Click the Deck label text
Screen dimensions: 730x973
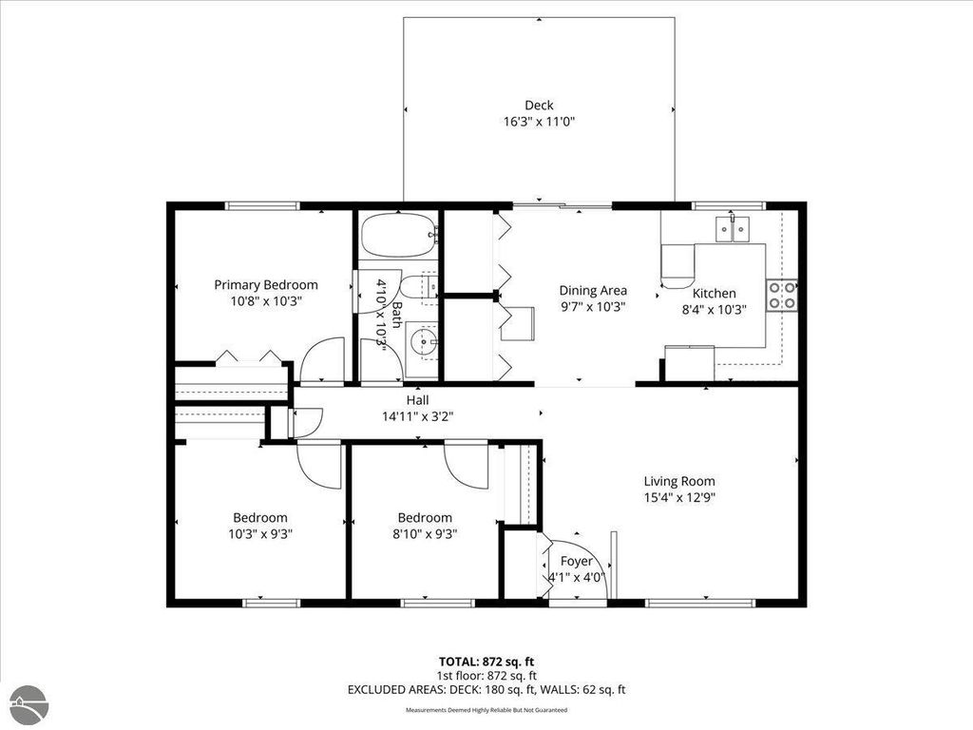click(x=539, y=106)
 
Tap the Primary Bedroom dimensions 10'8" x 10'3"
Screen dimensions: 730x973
click(x=265, y=300)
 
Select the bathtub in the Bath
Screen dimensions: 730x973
click(x=397, y=235)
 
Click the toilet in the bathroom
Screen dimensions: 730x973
click(x=418, y=285)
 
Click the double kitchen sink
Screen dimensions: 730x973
click(x=733, y=228)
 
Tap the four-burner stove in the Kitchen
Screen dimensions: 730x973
click(x=782, y=295)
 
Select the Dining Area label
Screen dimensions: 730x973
click(x=592, y=291)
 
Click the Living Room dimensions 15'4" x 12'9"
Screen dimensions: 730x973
click(x=678, y=497)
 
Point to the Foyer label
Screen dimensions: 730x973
click(x=577, y=561)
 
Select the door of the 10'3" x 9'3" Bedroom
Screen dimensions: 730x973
click(x=319, y=465)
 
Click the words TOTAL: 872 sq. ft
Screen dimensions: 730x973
click(x=486, y=661)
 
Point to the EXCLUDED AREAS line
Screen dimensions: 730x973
click(x=486, y=690)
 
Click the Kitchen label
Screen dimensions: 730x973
click(x=713, y=294)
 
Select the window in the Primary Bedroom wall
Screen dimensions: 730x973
click(x=262, y=205)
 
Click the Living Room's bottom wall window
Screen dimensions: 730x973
click(x=700, y=602)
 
